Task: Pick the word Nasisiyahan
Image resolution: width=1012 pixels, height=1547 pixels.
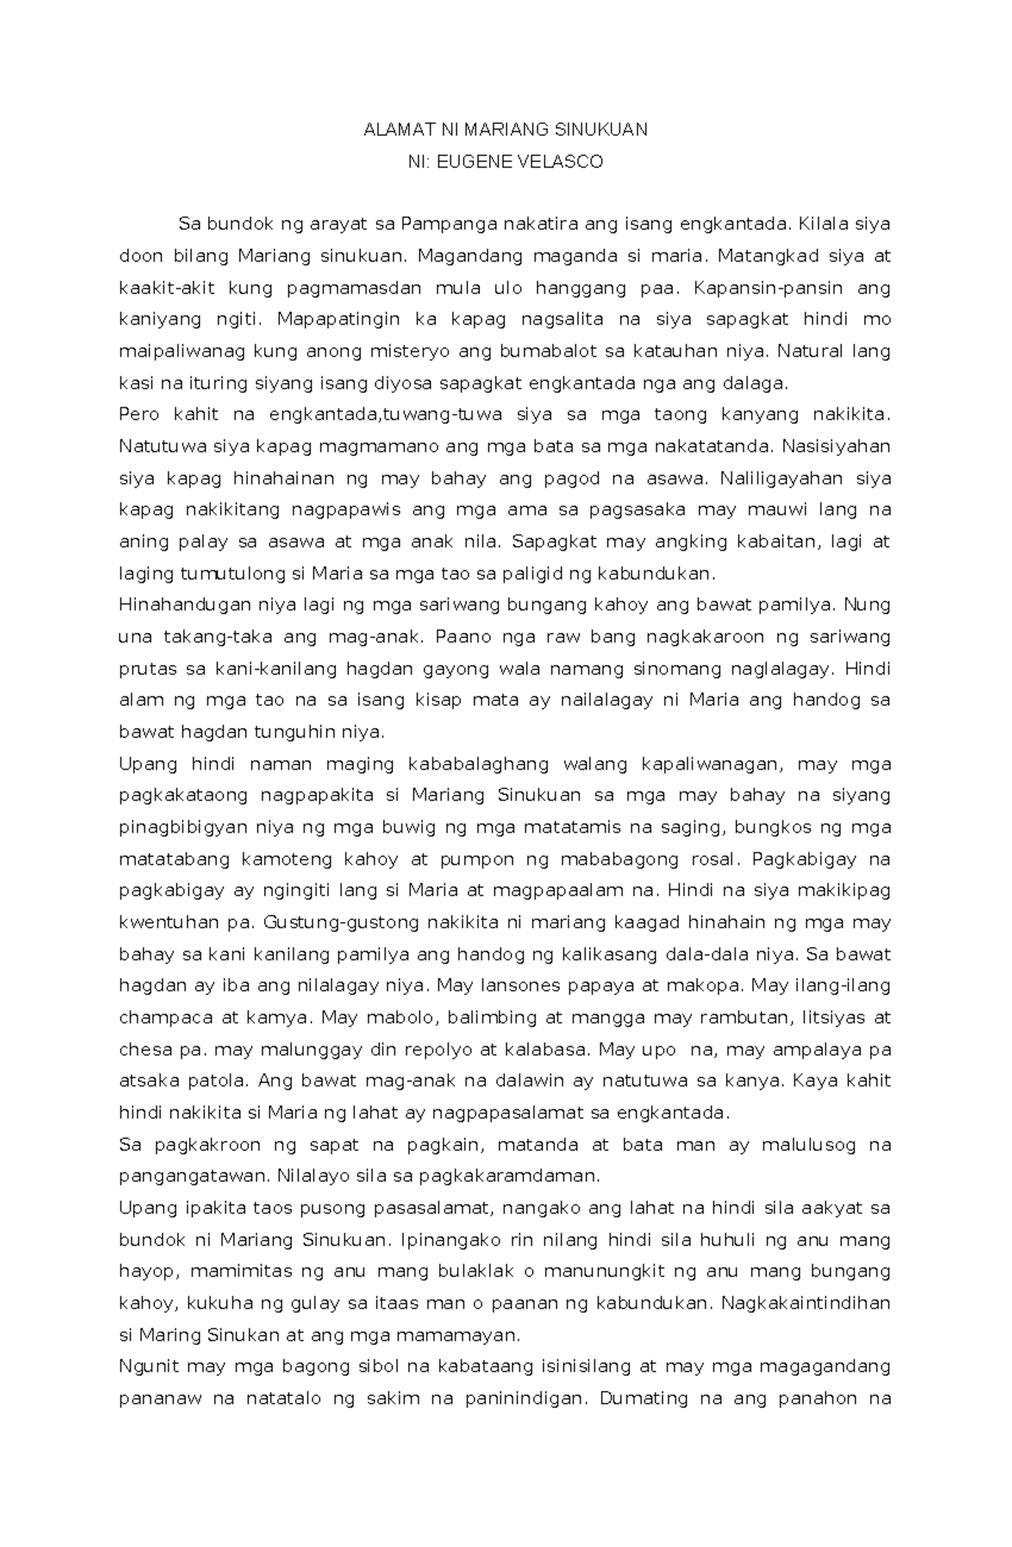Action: [x=837, y=446]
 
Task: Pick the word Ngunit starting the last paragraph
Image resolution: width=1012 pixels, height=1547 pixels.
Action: [x=149, y=1366]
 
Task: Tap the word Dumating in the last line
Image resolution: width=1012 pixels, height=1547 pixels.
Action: [x=644, y=1399]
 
